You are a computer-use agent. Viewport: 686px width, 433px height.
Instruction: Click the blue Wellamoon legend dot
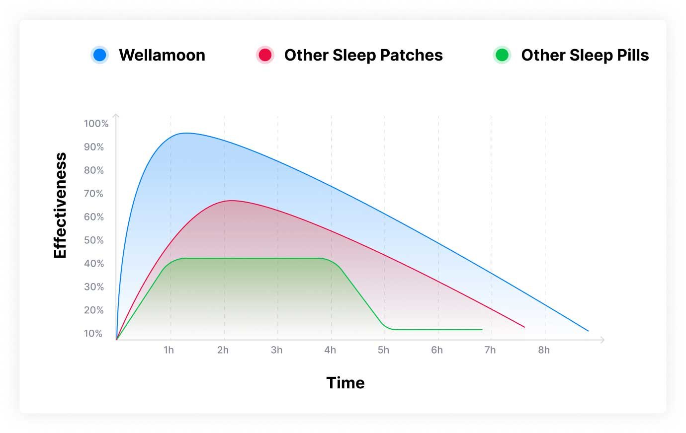(x=100, y=55)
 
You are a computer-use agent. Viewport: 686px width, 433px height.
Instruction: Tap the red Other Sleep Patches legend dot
(x=265, y=55)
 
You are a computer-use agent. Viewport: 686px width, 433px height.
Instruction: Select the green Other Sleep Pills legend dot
(x=502, y=55)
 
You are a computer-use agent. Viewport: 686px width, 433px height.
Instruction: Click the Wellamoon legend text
(x=162, y=55)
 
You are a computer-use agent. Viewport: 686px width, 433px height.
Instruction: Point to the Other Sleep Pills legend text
(x=585, y=55)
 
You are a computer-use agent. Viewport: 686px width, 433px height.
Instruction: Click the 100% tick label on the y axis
(x=96, y=124)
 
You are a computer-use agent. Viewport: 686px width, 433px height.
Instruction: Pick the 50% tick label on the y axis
(x=94, y=240)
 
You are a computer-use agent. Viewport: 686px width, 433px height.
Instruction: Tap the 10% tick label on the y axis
(x=93, y=333)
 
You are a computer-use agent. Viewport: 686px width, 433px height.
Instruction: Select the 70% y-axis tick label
(x=94, y=194)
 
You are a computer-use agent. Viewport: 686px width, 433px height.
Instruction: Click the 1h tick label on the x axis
(x=169, y=350)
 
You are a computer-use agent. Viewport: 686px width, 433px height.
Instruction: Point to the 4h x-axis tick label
(x=330, y=350)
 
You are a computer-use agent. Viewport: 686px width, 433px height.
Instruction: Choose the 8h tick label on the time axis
(x=544, y=350)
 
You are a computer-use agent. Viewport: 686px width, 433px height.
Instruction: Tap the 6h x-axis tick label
(x=437, y=350)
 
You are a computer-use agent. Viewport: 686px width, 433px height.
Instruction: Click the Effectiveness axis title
(x=60, y=205)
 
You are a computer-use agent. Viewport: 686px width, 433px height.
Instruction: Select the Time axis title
(x=345, y=383)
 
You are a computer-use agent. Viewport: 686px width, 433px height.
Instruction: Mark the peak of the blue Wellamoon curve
(x=185, y=133)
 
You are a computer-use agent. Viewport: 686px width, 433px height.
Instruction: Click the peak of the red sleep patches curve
(x=231, y=201)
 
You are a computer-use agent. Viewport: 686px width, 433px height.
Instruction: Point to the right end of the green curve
(x=482, y=330)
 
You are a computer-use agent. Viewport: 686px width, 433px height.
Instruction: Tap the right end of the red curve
(x=524, y=327)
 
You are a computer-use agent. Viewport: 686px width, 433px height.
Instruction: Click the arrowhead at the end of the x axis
(x=602, y=340)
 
